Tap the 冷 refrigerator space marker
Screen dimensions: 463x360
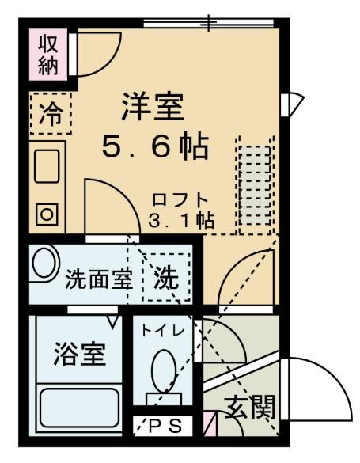tap(50, 114)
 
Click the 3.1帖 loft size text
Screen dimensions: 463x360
tap(181, 221)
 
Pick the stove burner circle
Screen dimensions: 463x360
tap(47, 213)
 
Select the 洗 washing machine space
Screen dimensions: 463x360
tap(166, 278)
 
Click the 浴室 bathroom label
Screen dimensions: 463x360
tap(80, 353)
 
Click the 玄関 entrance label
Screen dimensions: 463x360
tap(250, 408)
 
